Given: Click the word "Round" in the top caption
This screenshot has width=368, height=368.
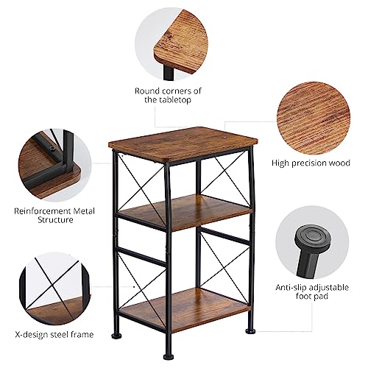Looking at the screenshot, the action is coord(147,91).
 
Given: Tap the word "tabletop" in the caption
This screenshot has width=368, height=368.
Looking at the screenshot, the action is coord(174,100).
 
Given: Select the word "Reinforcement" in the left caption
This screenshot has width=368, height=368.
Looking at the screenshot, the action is coord(40,211).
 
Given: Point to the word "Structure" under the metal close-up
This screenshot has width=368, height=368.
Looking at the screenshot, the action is coord(55,219).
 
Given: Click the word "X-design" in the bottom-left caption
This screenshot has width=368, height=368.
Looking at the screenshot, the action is coord(32,334).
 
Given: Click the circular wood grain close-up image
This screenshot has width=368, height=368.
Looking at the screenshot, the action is coord(314,118).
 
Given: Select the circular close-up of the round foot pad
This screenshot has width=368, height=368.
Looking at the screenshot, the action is coord(312,244).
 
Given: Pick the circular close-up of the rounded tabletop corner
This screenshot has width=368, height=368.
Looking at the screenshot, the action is coord(171,44).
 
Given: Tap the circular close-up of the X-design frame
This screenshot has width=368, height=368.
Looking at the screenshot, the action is coord(55,289).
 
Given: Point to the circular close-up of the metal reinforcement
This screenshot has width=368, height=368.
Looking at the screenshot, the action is coord(55,165).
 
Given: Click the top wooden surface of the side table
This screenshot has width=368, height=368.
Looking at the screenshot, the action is coord(183,142).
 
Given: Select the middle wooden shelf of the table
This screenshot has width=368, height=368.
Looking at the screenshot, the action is coord(185,210).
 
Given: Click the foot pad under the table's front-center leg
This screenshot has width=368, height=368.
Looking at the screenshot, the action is coord(169,356).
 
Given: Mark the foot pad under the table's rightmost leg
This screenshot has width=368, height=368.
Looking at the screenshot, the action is coord(250,332).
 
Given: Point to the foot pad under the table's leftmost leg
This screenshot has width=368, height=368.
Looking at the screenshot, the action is coord(116,336).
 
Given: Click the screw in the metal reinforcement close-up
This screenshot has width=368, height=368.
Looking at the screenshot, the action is coord(52,148).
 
